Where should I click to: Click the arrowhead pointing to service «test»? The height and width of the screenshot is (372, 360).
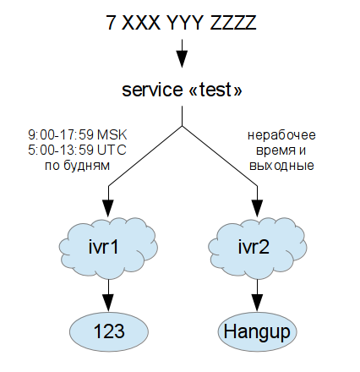[181, 61]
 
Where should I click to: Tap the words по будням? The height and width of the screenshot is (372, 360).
[77, 166]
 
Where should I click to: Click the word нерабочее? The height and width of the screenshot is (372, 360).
[281, 134]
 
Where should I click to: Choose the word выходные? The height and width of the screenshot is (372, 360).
[281, 166]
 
